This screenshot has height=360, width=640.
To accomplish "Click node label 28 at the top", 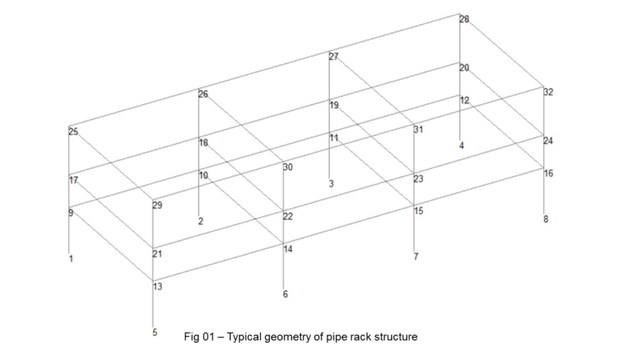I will point(464,18).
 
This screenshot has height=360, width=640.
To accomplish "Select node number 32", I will point(548,92).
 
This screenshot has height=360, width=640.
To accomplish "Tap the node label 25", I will point(73,132).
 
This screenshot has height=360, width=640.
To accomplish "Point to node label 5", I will point(154,332).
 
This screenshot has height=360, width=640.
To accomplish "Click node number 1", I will point(71,259).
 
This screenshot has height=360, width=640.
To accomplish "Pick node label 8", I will point(547,219).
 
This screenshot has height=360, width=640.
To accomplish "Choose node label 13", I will point(157,287).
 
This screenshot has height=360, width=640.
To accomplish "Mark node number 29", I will point(157,205).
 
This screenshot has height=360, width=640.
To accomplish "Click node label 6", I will point(285,294).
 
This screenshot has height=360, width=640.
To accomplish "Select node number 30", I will point(287,167).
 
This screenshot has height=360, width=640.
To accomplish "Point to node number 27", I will point(334,57).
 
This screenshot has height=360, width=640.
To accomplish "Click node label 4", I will point(462,146).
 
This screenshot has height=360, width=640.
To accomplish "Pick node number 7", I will point(416,256).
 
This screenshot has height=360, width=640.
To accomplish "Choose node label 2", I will point(200,221).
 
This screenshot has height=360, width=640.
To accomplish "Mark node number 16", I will point(548,173).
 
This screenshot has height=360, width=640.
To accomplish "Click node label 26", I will point(203,94).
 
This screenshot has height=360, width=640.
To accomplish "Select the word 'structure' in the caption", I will point(394,337).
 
